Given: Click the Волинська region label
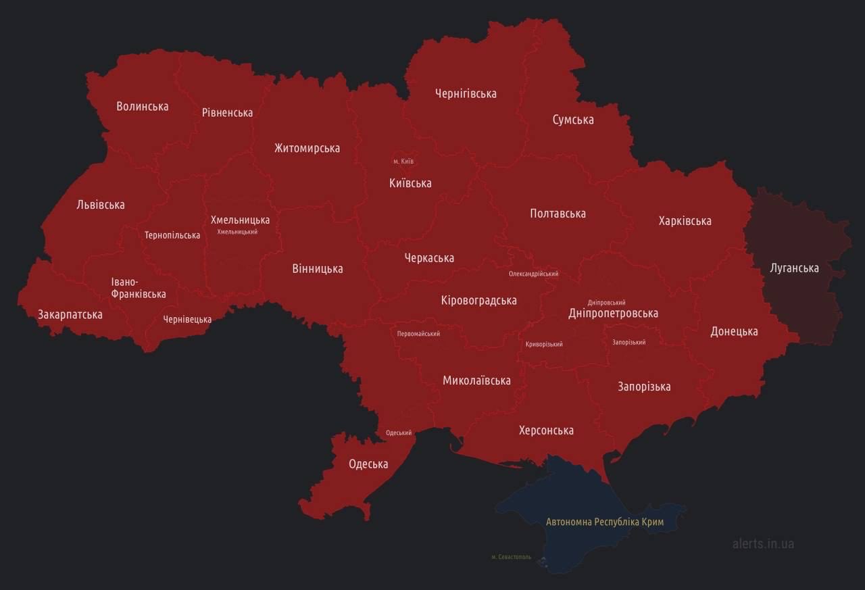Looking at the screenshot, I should (x=142, y=106).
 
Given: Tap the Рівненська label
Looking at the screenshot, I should (x=227, y=112).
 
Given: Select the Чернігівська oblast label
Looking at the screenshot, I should (x=466, y=93).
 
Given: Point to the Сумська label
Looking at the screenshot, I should (x=573, y=120).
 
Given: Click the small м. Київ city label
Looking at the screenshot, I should (x=403, y=161).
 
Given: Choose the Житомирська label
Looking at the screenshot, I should (x=307, y=148).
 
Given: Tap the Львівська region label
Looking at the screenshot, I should (x=101, y=205).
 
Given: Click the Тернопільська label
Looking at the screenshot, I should (x=172, y=235).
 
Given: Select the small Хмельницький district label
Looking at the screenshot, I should (x=237, y=232).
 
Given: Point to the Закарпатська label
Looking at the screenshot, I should (x=70, y=314).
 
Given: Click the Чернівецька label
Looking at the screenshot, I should (x=187, y=319).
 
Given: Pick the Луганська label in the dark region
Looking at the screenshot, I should (x=794, y=268).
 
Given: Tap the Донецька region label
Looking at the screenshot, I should (x=734, y=331).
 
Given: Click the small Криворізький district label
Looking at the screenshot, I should (x=544, y=344).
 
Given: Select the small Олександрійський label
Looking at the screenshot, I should (x=533, y=274).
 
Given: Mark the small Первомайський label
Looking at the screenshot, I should (x=418, y=333).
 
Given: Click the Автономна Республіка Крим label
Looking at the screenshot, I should (x=605, y=522).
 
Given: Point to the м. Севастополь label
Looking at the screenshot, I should (x=511, y=557).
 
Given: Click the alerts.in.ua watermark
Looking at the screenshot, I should (x=763, y=543).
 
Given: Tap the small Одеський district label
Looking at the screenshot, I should (x=399, y=433).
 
